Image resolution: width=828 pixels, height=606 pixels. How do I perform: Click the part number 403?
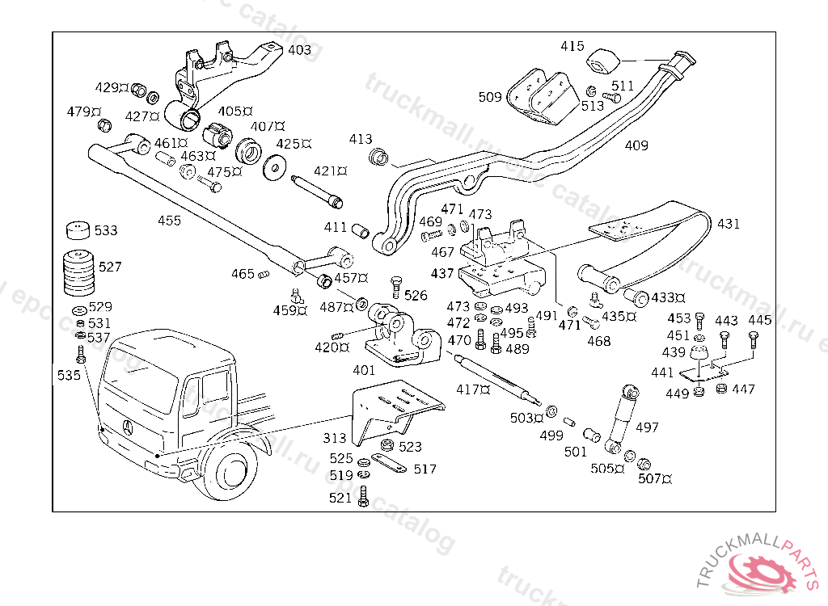(x=299, y=50)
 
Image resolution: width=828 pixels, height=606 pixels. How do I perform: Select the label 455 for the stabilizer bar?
(x=169, y=221)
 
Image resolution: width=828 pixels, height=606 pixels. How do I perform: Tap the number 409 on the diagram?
(x=636, y=145)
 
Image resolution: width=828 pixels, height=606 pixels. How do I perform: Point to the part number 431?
(x=728, y=224)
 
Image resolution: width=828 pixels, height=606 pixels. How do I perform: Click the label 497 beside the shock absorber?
(x=647, y=427)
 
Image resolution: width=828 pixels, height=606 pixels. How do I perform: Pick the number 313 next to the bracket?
(x=335, y=439)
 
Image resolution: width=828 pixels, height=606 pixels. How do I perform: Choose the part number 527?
(x=110, y=266)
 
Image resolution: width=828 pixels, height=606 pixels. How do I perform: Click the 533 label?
(x=106, y=230)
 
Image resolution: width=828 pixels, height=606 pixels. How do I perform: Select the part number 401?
(x=364, y=370)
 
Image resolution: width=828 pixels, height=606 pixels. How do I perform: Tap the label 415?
(x=572, y=46)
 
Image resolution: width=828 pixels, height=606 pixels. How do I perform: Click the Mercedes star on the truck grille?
(x=126, y=427)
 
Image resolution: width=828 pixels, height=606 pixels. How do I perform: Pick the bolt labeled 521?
(x=363, y=498)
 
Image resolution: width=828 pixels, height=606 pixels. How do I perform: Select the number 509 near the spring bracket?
(x=490, y=97)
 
